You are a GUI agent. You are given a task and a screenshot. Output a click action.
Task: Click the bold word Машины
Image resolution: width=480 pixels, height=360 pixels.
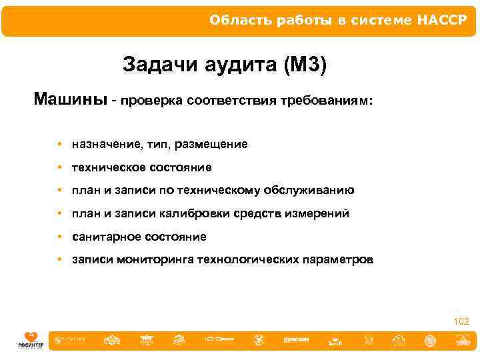[70, 101]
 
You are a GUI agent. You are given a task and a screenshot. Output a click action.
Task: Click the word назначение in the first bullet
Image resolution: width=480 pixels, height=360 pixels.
[106, 144]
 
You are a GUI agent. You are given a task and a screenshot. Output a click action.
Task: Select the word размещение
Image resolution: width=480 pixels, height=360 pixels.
[213, 144]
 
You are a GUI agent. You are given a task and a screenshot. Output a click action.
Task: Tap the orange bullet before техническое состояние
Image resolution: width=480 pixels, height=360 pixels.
[60, 167]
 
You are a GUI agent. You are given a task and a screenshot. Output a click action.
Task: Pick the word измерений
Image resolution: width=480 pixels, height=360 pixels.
[317, 214]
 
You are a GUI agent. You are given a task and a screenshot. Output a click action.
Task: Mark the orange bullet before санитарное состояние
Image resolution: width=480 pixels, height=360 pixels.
[60, 237]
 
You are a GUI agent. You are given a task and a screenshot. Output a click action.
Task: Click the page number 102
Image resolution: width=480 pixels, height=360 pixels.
[461, 322]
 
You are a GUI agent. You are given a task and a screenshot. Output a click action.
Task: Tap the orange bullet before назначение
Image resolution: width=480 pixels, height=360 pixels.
[60, 144]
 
